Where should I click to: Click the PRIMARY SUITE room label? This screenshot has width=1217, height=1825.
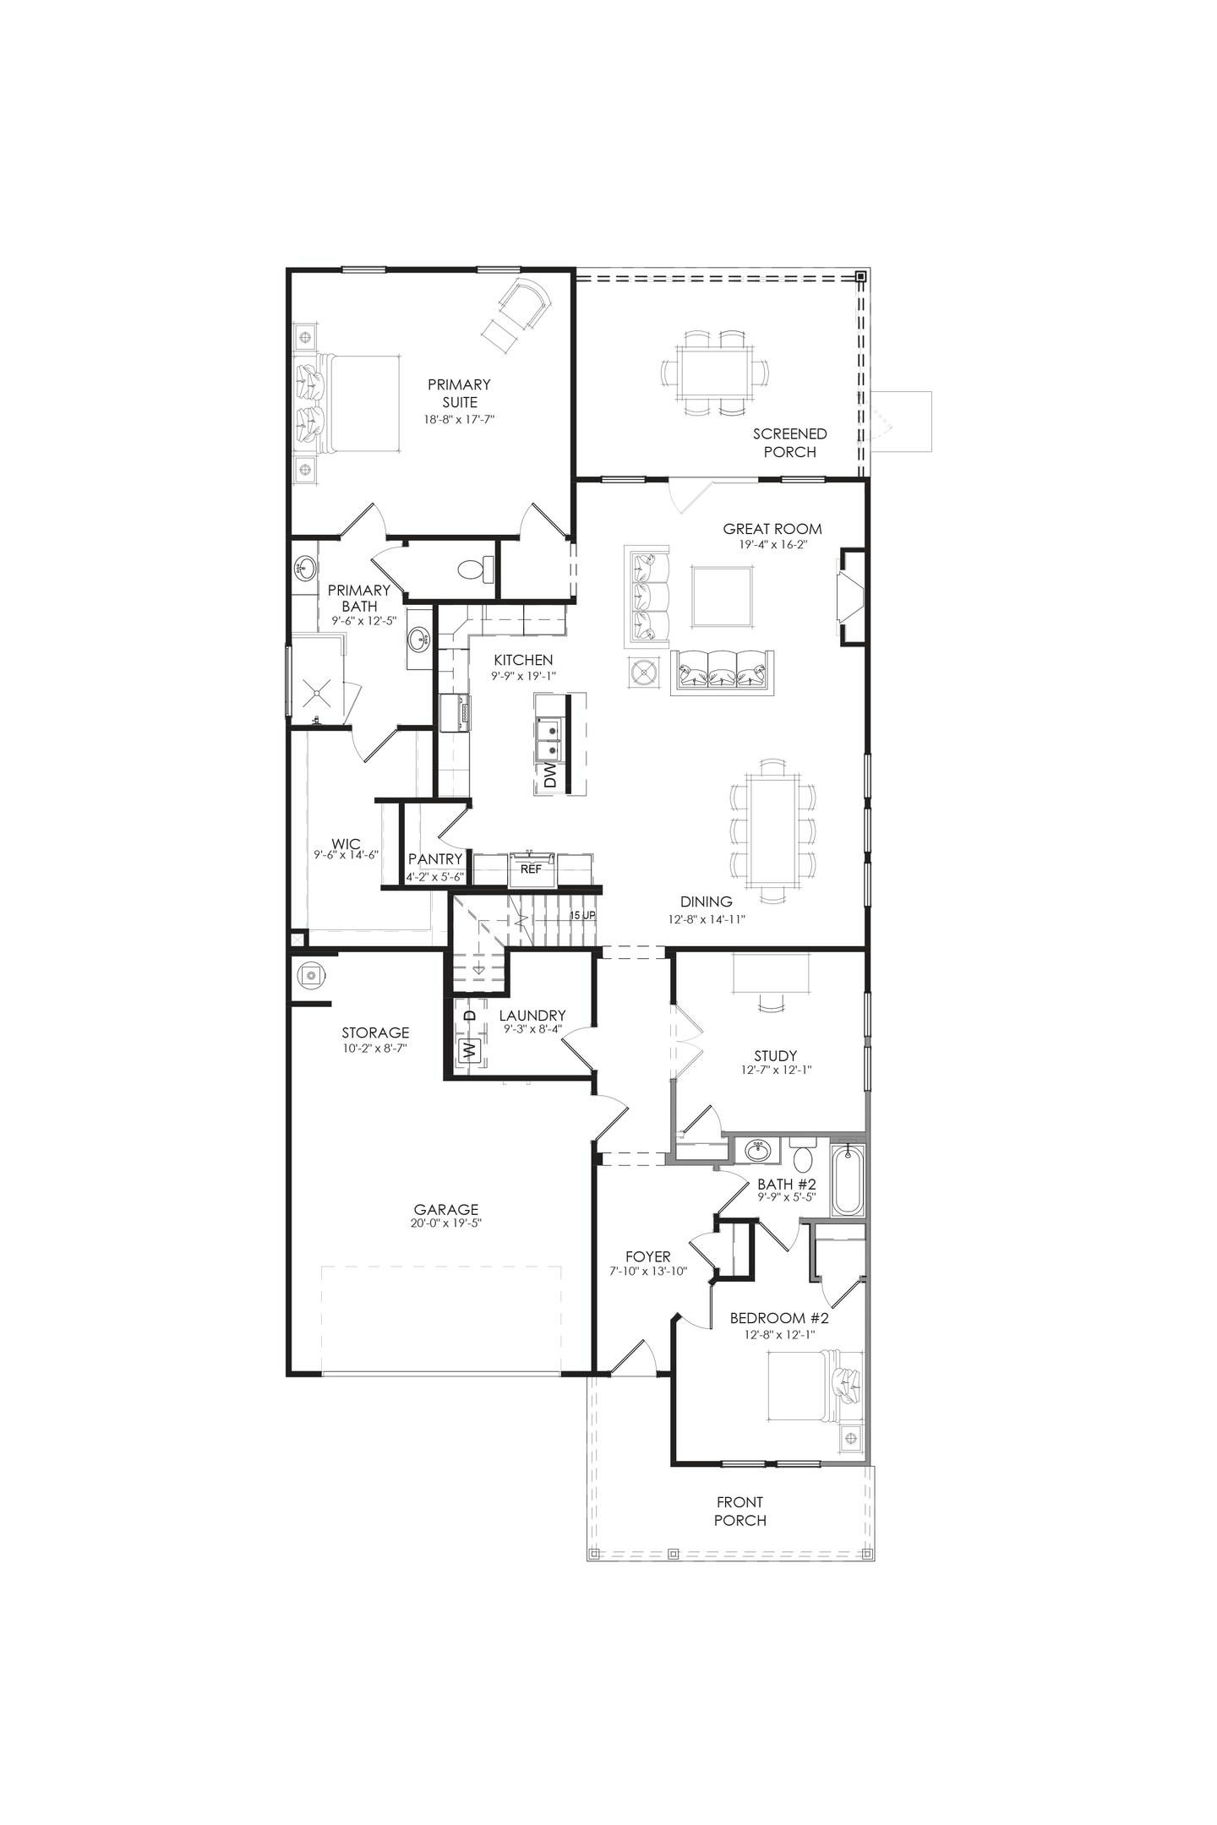(458, 393)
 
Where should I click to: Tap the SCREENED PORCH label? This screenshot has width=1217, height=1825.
(789, 443)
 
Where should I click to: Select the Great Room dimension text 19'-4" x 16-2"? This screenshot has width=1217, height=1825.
(772, 545)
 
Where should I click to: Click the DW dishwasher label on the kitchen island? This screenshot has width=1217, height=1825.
(550, 776)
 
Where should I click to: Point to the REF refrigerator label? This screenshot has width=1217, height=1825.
(530, 869)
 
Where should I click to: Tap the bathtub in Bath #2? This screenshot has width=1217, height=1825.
(847, 1179)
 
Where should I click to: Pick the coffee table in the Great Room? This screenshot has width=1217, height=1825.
(721, 597)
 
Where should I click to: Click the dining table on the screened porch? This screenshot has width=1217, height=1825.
(715, 372)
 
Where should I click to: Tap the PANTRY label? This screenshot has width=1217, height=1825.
(435, 859)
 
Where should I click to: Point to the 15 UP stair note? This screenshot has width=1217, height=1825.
(582, 915)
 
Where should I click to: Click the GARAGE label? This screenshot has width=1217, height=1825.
(446, 1209)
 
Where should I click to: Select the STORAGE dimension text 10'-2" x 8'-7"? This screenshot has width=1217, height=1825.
(375, 1048)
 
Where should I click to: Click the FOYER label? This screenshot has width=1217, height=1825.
(648, 1256)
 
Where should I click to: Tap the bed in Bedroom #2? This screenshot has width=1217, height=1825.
(814, 1388)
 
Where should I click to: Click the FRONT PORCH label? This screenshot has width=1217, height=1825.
(739, 1511)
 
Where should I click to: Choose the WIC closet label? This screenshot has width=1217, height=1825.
(346, 843)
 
